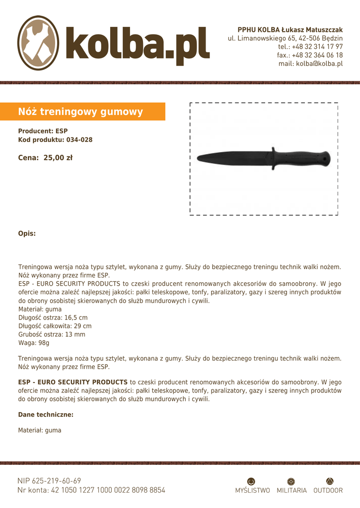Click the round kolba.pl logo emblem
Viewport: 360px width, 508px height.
coord(38,43)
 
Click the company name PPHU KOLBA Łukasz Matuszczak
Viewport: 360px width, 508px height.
coord(290,30)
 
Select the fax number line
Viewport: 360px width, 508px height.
coord(310,55)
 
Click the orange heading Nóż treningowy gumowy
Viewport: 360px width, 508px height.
coord(80,112)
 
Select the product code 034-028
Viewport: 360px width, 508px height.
coord(79,140)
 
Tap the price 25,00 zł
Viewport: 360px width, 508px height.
coord(58,158)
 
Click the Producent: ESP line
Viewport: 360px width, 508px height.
coord(43,131)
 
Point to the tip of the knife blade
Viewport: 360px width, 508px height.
coord(199,159)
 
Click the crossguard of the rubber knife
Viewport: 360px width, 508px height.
coord(273,158)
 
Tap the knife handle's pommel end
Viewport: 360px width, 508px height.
coord(326,158)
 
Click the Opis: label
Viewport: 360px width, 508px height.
coord(27,233)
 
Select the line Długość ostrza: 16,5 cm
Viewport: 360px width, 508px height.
coord(53,317)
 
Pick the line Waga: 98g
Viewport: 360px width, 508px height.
coord(34,343)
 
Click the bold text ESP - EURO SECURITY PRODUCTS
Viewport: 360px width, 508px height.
coord(72,382)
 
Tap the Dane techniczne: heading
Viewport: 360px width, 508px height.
coord(46,414)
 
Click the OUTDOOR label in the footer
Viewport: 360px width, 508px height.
coord(328,490)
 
